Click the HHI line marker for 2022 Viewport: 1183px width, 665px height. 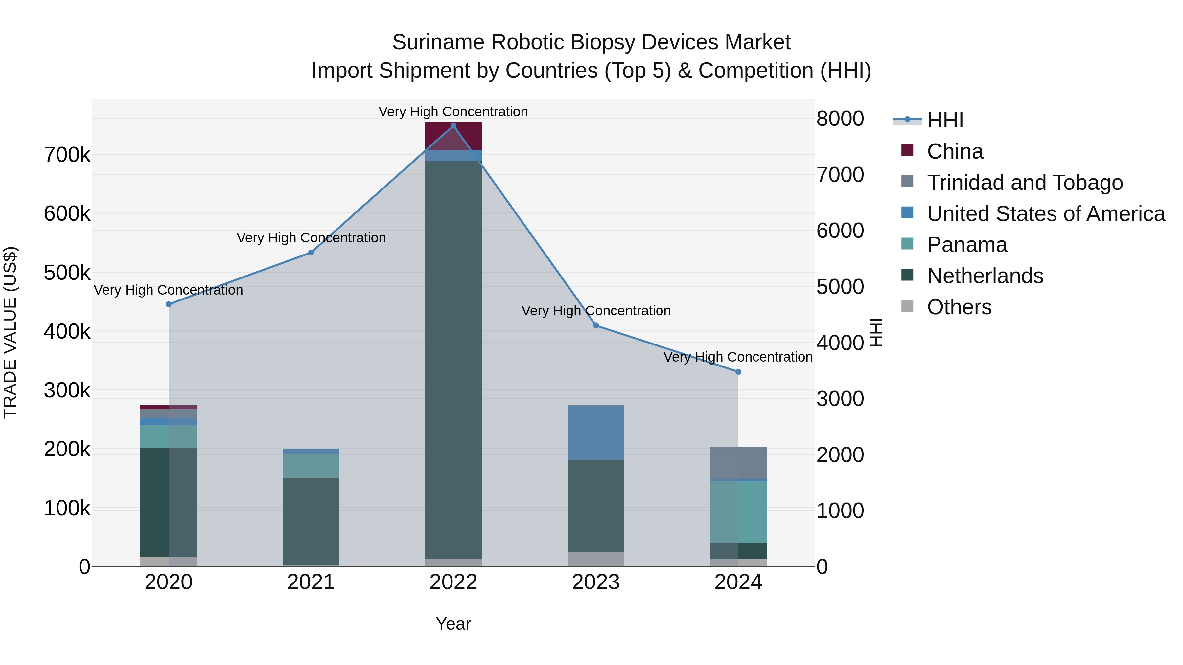453,126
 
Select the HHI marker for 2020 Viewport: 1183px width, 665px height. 169,304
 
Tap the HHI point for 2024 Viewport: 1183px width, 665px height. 738,372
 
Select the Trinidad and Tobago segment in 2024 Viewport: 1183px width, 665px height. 738,463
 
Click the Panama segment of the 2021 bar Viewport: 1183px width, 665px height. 311,465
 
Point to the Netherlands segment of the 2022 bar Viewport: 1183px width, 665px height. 453,358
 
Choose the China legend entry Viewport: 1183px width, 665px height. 955,151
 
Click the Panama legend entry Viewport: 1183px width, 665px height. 967,245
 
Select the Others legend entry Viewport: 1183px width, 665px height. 959,307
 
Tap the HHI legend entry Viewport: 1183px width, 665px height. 945,120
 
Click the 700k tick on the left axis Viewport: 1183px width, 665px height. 67,155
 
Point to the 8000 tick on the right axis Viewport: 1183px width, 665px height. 840,119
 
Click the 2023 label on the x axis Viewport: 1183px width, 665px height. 596,582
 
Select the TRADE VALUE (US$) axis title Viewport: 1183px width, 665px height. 10,332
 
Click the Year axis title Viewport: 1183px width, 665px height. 453,624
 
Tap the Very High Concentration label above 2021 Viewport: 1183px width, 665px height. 311,238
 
